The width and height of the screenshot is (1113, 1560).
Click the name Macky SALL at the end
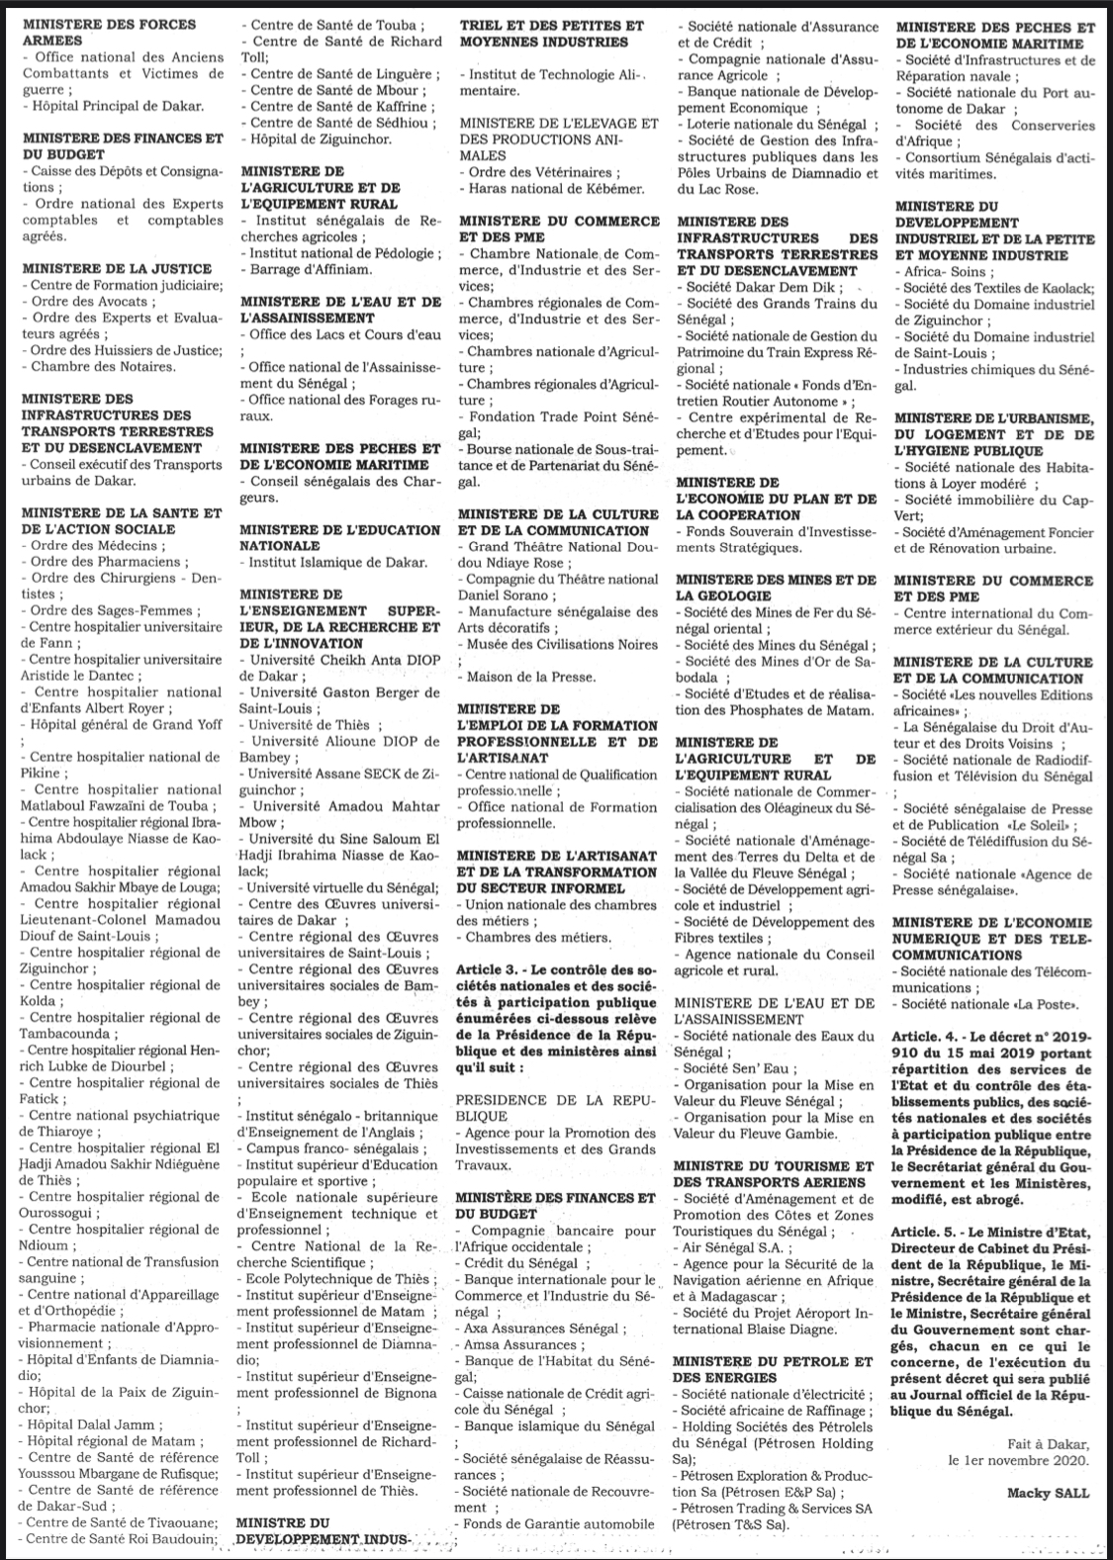click(x=1048, y=1493)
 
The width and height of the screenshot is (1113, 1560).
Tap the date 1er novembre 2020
click(x=1018, y=1459)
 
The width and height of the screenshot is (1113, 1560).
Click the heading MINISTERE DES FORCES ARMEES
click(x=109, y=32)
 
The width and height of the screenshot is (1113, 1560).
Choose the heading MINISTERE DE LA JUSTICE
click(x=117, y=268)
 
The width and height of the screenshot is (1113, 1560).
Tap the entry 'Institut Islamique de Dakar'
click(x=337, y=562)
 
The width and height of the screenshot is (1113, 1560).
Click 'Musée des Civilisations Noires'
click(x=561, y=645)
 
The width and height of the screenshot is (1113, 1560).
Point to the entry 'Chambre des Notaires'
click(x=102, y=366)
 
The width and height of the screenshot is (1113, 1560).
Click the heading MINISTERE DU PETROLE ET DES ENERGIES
click(x=773, y=1369)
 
